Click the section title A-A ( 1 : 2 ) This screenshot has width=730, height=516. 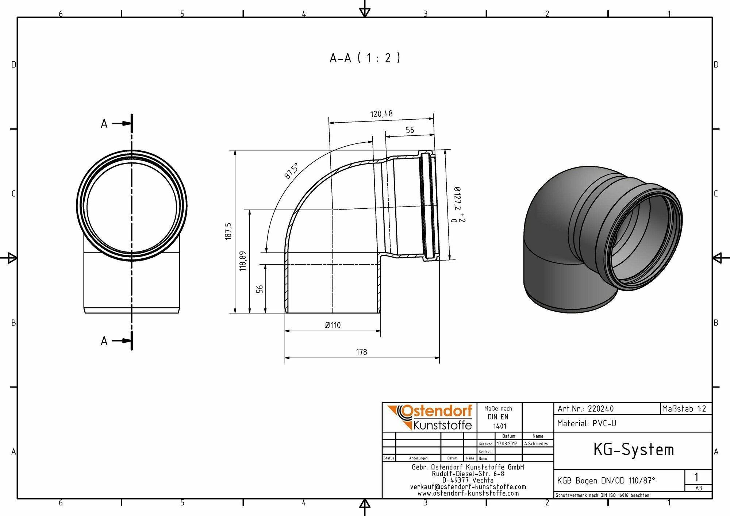(x=365, y=58)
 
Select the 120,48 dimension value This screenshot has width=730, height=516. (x=381, y=114)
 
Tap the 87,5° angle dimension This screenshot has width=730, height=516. (x=291, y=171)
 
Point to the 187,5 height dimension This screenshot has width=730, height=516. (x=228, y=231)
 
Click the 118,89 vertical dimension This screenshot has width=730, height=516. (x=243, y=261)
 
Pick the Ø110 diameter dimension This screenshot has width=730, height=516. (x=333, y=325)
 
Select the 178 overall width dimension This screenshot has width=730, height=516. (x=361, y=352)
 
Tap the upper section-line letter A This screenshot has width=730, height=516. (x=104, y=124)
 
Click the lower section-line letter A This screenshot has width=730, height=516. (x=104, y=341)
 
